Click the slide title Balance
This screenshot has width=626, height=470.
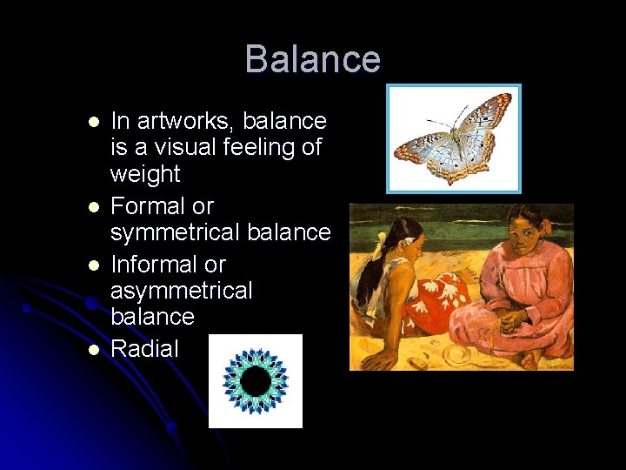[312, 59]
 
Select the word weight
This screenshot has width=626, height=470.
[144, 174]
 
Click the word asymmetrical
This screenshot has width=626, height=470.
[181, 290]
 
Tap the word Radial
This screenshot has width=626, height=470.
[144, 349]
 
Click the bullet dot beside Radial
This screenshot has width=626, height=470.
[92, 350]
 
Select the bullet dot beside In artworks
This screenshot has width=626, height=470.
[92, 122]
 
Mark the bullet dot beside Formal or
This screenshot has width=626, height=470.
[92, 207]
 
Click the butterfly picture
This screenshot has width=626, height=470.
[453, 138]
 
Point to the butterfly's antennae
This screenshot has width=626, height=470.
[457, 114]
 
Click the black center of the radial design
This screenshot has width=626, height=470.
[255, 380]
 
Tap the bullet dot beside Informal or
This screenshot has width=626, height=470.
[92, 265]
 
